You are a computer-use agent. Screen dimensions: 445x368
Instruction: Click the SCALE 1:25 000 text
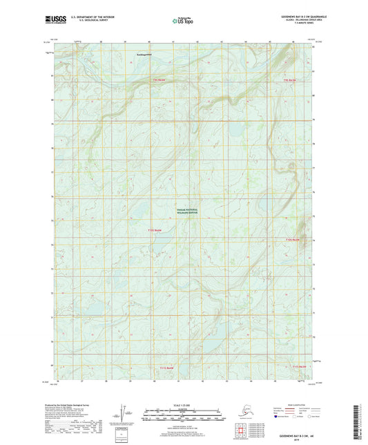point(183,404)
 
